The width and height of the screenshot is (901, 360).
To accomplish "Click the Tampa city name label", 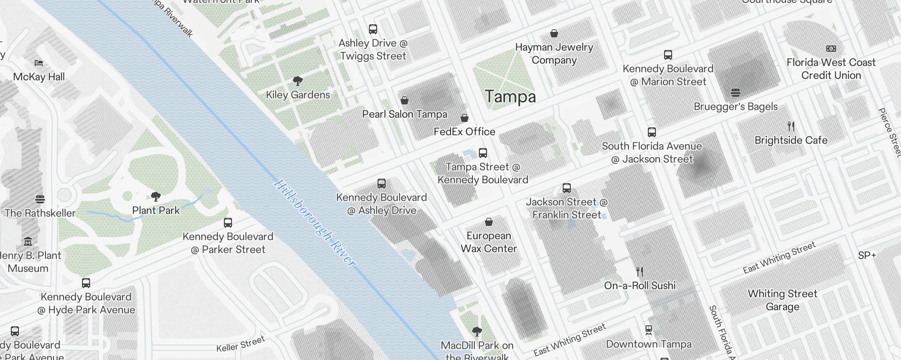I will (510, 97).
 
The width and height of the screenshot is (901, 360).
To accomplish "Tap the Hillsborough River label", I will (314, 223).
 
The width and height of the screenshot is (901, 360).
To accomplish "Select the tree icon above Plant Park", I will (156, 196).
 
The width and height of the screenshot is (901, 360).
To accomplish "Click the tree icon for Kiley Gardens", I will (297, 81).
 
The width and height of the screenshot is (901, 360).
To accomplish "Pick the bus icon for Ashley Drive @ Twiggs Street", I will (373, 29).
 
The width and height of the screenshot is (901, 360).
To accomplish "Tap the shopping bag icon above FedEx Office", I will (464, 118).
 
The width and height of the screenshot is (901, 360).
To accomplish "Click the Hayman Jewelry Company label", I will (554, 54).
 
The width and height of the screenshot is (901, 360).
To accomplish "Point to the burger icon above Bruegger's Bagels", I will (736, 93).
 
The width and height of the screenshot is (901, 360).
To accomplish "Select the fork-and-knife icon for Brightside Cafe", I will (791, 126).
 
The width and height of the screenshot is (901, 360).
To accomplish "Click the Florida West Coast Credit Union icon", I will (831, 49).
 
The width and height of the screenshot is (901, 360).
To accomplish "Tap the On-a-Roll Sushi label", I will (640, 285).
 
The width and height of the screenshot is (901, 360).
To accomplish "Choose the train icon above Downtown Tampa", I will (649, 330).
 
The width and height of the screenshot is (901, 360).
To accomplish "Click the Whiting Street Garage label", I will (783, 300).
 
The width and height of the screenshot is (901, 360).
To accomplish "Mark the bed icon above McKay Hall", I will (39, 63).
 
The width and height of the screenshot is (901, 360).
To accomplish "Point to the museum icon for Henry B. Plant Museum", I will (28, 242).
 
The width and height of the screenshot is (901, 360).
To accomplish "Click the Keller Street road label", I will (240, 344).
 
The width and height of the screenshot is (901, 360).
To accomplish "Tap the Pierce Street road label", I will (890, 132).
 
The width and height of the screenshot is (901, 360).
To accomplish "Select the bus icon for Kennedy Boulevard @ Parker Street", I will (228, 223).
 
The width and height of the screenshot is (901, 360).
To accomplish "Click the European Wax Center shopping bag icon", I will (489, 222).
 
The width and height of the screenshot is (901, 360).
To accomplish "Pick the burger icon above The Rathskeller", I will (40, 199).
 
